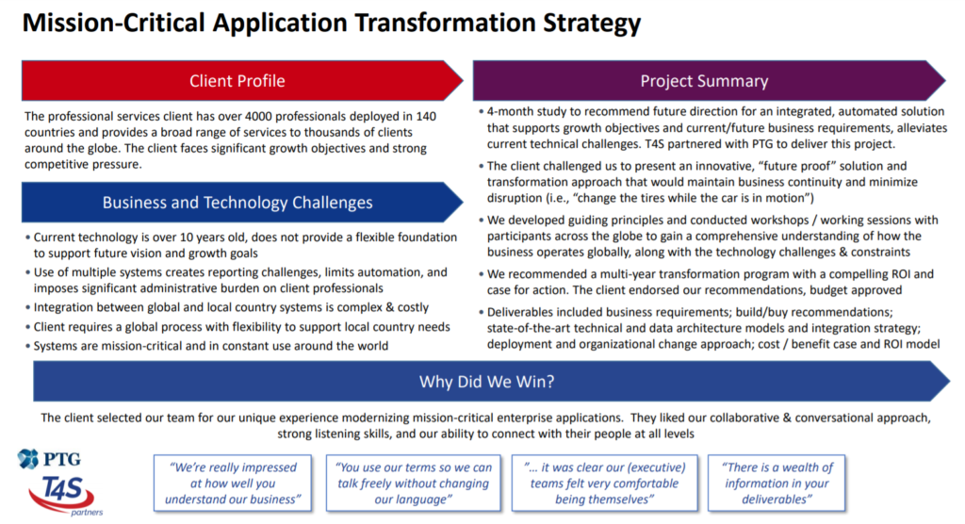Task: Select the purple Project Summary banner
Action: tap(709, 81)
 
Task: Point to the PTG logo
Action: tap(50, 459)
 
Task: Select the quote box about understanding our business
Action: tap(233, 483)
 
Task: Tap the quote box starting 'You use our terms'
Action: tap(413, 483)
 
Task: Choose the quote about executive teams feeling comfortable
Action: tap(604, 483)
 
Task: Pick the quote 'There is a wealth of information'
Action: tap(777, 483)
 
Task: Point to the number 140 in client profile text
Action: tap(426, 116)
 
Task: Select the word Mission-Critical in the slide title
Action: tap(114, 24)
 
